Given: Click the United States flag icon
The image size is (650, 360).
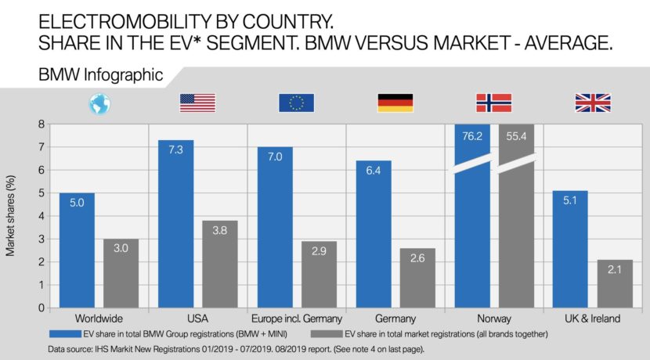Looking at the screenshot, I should [197, 103].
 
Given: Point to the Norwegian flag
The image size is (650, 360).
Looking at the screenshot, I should [494, 103].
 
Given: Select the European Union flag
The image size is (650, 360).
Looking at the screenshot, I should [296, 103].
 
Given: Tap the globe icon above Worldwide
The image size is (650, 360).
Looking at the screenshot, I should [99, 103].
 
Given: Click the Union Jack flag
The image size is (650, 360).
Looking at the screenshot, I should [593, 103].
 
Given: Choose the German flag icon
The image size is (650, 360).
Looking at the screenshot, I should [395, 103].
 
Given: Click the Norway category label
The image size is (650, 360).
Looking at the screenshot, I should [494, 319].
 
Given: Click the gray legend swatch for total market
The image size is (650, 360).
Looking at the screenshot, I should [319, 333].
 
